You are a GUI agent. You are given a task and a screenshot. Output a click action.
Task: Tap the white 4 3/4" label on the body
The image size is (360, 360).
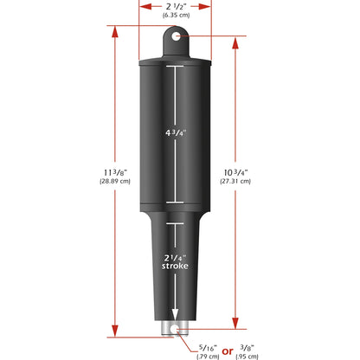click(176, 132)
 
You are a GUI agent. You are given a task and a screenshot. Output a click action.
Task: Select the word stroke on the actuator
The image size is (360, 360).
click(176, 267)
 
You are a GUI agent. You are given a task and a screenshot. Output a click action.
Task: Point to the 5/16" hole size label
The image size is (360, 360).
click(205, 346)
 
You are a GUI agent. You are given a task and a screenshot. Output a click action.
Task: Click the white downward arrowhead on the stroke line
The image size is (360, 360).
click(177, 317)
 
